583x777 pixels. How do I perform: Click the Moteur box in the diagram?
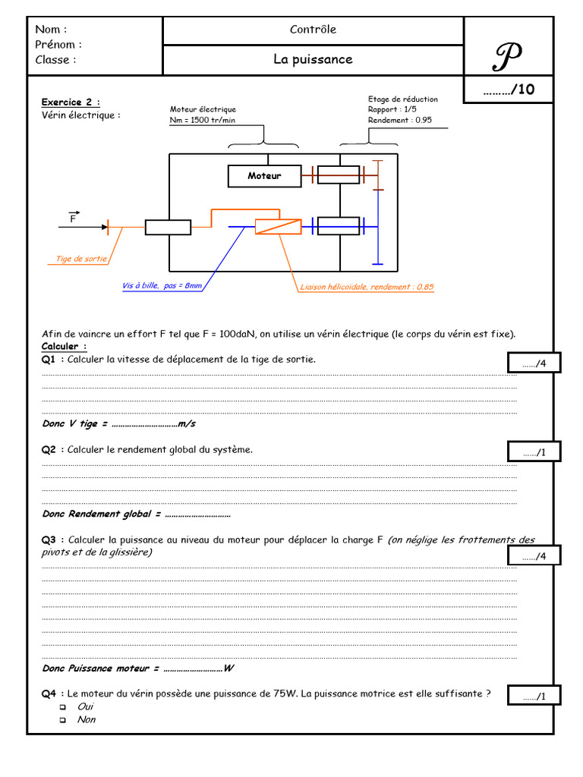tap(264, 176)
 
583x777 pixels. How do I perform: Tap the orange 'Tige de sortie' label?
tap(81, 260)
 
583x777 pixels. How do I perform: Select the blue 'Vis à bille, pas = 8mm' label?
tap(162, 286)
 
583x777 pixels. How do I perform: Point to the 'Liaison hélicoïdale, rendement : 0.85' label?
tap(367, 288)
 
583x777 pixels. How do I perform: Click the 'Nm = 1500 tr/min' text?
tap(202, 120)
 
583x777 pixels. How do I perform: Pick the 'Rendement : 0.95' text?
tap(400, 120)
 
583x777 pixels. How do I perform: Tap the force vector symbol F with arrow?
tap(74, 218)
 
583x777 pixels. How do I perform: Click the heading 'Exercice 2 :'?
tap(71, 102)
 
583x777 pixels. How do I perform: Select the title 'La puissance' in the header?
tap(313, 59)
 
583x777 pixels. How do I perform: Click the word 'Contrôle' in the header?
tap(313, 30)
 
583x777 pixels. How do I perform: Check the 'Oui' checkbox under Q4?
tap(63, 706)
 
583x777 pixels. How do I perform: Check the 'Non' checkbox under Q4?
tap(63, 720)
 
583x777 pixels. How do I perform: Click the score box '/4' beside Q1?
tap(534, 364)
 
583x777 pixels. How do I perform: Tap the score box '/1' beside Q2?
tap(534, 452)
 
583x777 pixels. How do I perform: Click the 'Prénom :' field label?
tap(58, 45)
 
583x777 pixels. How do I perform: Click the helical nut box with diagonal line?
tap(278, 225)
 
